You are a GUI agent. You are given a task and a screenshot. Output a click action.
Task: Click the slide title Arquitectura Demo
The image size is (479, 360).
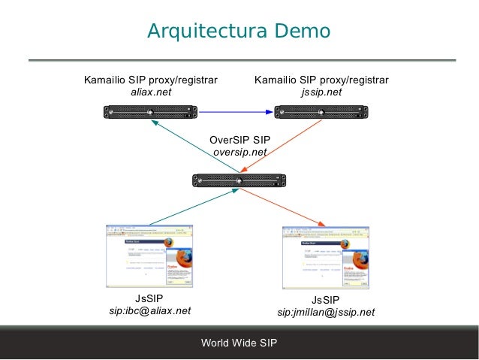tap(239, 32)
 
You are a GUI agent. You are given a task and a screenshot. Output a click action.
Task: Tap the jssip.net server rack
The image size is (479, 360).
tap(321, 113)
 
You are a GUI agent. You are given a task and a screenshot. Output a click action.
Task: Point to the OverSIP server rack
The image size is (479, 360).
tap(239, 180)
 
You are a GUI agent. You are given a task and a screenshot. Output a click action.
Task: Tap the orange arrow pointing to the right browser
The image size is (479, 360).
tap(285, 207)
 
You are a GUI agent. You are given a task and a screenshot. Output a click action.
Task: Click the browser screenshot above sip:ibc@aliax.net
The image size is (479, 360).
tap(149, 255)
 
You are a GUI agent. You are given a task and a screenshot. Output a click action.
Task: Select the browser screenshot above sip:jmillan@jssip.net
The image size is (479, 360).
tap(325, 257)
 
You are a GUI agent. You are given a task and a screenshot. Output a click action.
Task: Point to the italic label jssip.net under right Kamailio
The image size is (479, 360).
tap(321, 92)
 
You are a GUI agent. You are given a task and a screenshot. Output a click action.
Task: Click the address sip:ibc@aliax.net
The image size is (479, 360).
tap(150, 310)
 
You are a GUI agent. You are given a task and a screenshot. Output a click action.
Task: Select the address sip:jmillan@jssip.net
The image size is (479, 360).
tap(326, 312)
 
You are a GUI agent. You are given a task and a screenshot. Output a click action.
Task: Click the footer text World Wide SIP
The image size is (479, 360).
tap(239, 343)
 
